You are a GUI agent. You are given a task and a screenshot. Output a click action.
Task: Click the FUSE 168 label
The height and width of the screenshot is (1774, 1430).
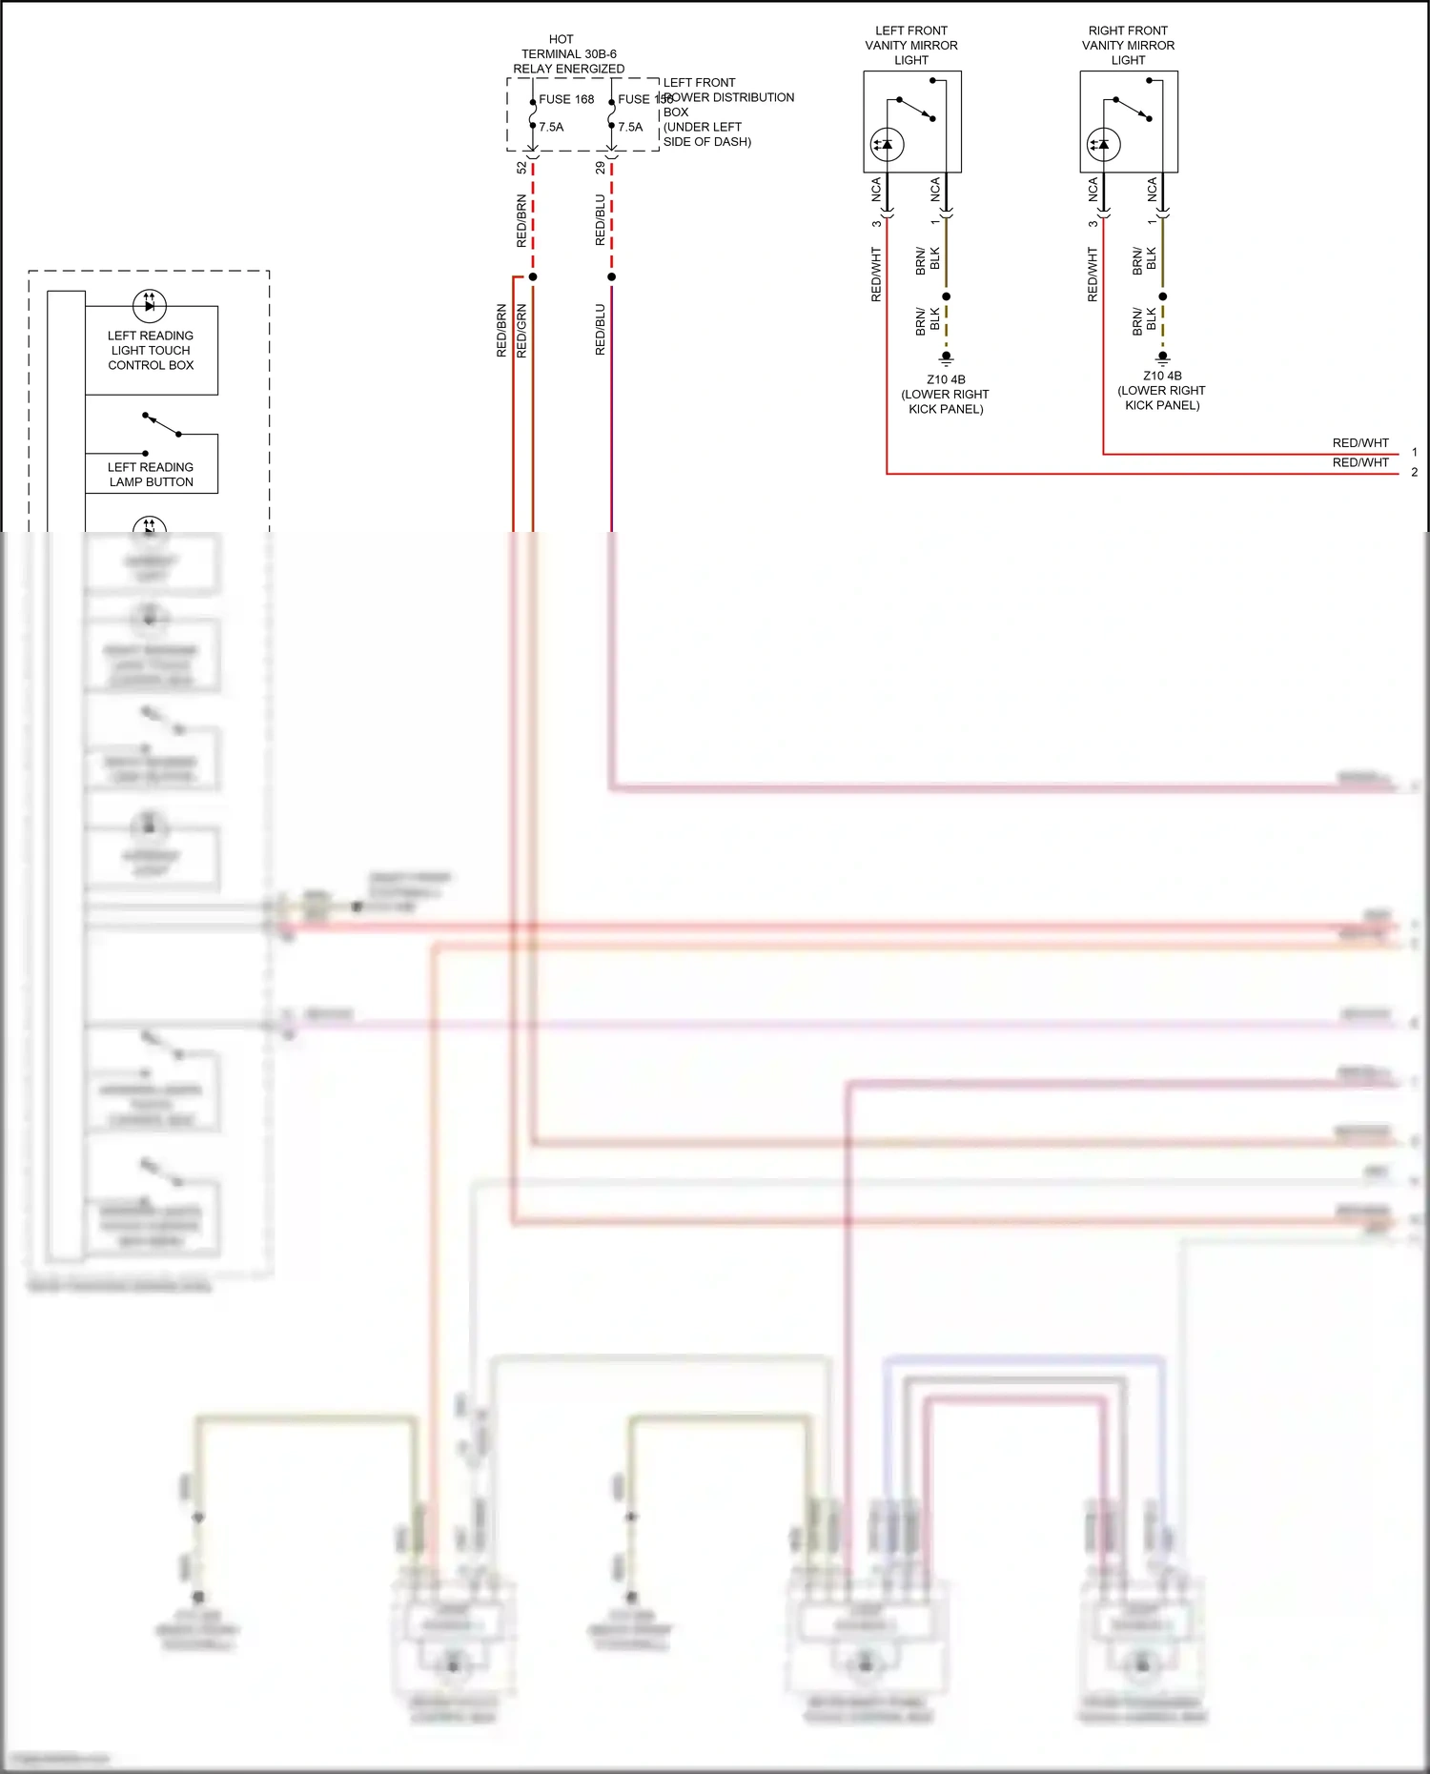click(x=566, y=99)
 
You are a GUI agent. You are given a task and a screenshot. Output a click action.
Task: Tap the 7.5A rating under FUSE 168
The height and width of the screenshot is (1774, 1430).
click(x=551, y=127)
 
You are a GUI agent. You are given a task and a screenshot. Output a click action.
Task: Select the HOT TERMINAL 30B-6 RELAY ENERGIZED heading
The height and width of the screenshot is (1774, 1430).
click(x=568, y=54)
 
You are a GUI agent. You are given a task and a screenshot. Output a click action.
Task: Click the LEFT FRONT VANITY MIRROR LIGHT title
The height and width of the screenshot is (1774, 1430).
click(x=911, y=45)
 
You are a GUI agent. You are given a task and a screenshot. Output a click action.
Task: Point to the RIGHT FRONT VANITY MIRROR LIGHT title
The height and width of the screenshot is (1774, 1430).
click(x=1128, y=45)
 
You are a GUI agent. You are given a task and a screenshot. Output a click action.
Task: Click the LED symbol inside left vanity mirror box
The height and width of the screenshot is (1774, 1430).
click(x=887, y=145)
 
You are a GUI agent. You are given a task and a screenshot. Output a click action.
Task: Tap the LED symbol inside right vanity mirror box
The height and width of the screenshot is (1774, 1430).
click(x=1104, y=145)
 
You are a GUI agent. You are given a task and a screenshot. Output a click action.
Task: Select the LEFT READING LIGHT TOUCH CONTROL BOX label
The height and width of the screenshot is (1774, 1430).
click(x=151, y=350)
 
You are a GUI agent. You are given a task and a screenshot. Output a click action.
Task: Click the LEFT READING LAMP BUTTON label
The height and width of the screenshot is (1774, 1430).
click(x=151, y=474)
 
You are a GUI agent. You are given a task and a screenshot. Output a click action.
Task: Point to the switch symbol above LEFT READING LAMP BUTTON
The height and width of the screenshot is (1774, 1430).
click(x=161, y=425)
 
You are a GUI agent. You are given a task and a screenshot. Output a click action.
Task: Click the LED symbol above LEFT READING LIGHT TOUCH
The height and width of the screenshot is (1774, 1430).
click(x=150, y=305)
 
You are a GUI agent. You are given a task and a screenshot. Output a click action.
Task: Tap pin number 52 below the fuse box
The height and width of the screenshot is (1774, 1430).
click(x=521, y=168)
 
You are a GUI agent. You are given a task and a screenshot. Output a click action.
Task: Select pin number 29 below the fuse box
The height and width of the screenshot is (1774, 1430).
click(x=600, y=168)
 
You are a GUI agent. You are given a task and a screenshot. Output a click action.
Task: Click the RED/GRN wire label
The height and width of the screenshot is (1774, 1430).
click(x=521, y=331)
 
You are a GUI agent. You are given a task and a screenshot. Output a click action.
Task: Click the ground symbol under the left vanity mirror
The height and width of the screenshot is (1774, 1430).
click(x=946, y=358)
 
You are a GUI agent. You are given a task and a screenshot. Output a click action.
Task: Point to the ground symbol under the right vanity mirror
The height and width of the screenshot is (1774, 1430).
click(x=1162, y=357)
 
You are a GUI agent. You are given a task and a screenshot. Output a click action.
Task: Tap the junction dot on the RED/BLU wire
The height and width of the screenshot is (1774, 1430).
click(x=611, y=277)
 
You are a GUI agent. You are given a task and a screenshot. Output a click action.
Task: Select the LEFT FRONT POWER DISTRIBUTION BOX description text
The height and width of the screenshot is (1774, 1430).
click(x=727, y=112)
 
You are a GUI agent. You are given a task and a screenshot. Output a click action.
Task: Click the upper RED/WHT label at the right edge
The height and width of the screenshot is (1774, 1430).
click(x=1360, y=443)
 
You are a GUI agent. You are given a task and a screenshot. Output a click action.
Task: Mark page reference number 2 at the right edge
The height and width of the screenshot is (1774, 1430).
click(x=1414, y=472)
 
